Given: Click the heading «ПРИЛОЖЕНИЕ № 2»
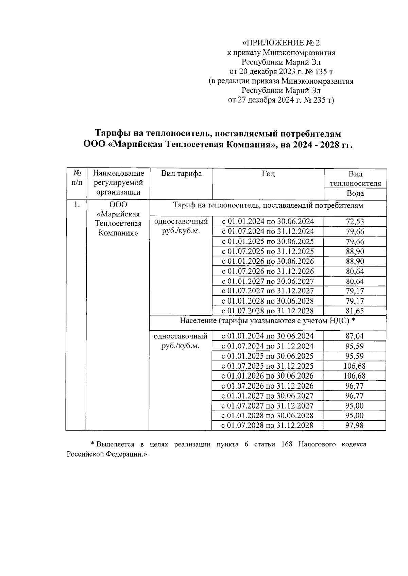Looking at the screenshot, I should [x=281, y=43].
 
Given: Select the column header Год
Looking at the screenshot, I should [x=268, y=174].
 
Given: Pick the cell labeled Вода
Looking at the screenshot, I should [x=355, y=194].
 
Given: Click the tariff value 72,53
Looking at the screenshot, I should [x=355, y=222].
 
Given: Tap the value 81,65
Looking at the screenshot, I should [x=355, y=311].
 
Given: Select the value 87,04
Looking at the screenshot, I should [x=355, y=336].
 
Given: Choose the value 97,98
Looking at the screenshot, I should [x=355, y=425].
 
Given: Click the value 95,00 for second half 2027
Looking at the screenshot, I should [x=355, y=406].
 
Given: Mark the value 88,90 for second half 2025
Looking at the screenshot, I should [x=355, y=251].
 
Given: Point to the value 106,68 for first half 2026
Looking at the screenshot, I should [x=355, y=376].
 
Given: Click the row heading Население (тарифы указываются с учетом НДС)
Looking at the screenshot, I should [x=267, y=320].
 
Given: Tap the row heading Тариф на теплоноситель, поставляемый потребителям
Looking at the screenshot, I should [x=268, y=206].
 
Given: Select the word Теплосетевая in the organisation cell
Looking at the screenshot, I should [x=118, y=224].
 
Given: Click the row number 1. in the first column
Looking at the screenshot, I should [x=77, y=205].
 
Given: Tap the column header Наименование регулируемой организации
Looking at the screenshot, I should [x=118, y=183].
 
